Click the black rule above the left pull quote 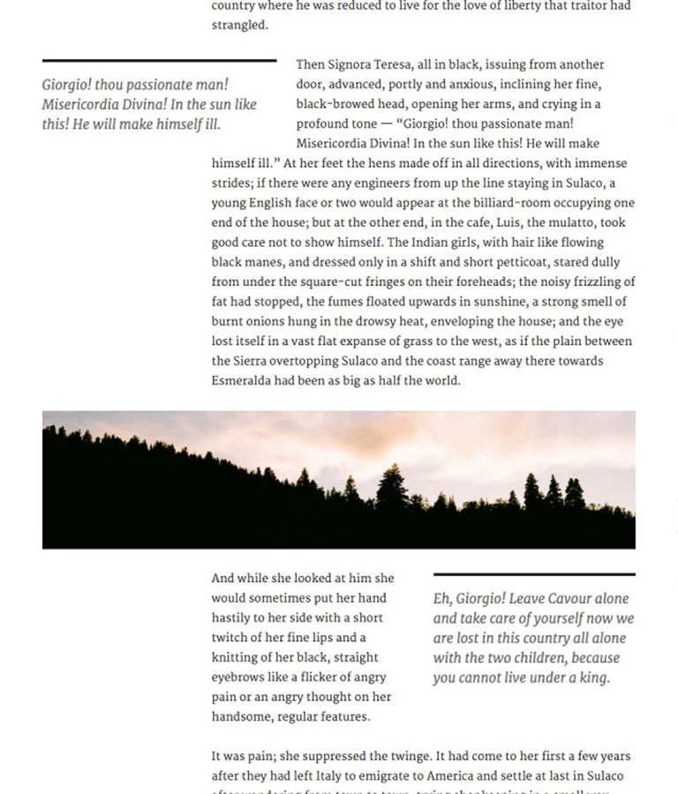coord(159,61)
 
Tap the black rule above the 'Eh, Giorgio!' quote coord(533,575)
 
